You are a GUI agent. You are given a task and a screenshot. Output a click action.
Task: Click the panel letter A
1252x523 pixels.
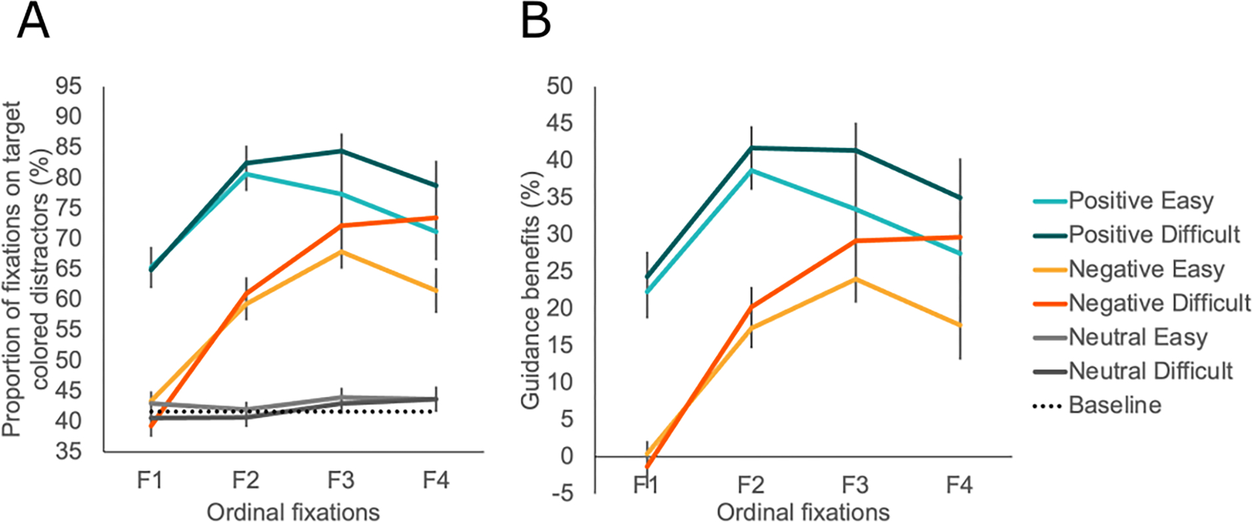[33, 21]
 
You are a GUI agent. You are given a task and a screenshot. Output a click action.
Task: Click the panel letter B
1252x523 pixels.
[535, 21]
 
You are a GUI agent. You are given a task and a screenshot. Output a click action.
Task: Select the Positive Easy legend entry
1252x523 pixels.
[1141, 200]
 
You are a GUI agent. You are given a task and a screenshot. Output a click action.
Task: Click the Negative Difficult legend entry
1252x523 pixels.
[1159, 303]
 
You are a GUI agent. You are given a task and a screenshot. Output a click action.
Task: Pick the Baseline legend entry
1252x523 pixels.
[1115, 405]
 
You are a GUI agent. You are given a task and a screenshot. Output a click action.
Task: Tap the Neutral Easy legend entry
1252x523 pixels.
[1137, 337]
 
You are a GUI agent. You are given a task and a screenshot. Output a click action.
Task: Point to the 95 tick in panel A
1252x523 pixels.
[69, 86]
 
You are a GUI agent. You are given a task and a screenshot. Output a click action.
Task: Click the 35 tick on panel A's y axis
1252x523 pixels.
[69, 451]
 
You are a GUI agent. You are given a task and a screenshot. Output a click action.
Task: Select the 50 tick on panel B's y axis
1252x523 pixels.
[559, 86]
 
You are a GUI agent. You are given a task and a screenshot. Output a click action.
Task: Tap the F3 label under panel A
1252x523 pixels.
[341, 480]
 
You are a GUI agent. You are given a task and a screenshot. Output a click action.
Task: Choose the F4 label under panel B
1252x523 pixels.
[960, 484]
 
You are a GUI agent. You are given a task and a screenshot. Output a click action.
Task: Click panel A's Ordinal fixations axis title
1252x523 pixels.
[293, 512]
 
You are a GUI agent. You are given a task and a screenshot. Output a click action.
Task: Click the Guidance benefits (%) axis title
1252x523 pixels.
[531, 290]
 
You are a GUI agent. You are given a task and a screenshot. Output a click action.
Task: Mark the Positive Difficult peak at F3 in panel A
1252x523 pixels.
[341, 151]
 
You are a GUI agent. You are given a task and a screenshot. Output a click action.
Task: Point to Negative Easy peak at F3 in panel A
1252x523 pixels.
[341, 252]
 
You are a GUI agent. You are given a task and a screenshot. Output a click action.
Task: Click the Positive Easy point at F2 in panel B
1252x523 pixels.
[751, 170]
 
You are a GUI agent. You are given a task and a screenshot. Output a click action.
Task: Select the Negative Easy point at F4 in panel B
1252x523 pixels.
[960, 325]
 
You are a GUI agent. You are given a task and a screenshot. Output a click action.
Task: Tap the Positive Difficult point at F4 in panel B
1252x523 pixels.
[960, 198]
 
